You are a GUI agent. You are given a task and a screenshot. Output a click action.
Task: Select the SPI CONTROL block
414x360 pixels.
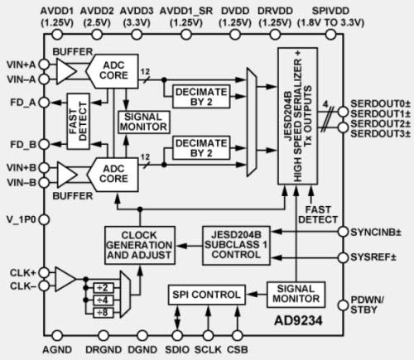coord(205,294)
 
